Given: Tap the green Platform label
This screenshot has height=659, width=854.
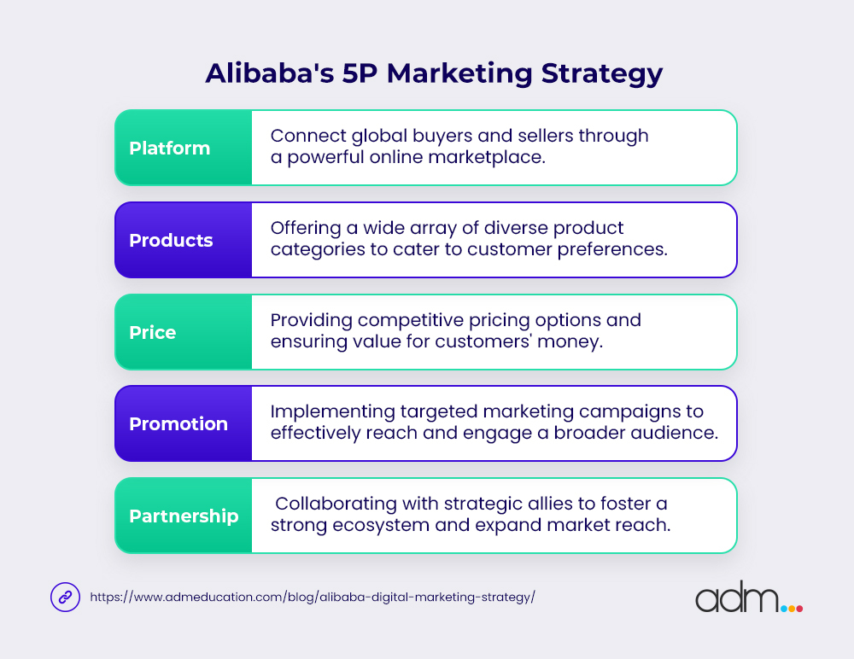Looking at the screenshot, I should click(170, 149).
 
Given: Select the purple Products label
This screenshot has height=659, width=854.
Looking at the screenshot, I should click(171, 241).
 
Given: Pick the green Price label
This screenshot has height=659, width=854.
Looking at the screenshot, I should click(153, 333).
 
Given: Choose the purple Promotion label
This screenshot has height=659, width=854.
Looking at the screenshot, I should click(178, 424).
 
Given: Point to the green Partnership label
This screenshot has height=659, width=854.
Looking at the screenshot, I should click(184, 516).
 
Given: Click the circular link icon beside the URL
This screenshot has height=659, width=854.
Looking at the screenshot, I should click(65, 598).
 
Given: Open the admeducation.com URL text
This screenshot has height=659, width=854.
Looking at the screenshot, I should click(313, 598).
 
